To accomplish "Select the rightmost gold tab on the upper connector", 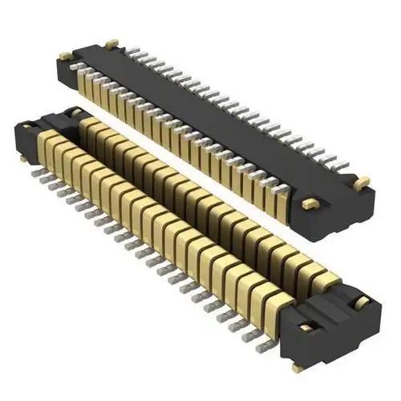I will (x=363, y=182).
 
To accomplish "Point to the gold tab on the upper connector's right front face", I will (x=306, y=205).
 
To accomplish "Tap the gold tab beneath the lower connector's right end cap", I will (x=298, y=367).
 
